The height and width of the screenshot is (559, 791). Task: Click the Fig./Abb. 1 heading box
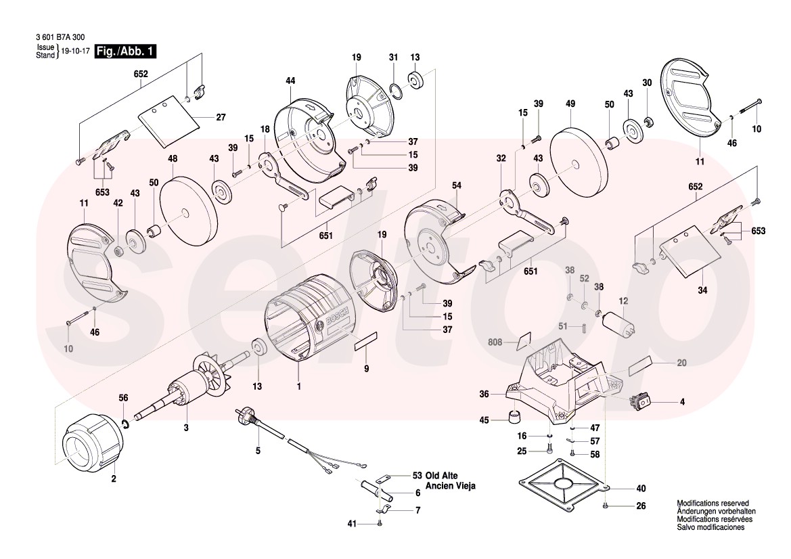(126, 51)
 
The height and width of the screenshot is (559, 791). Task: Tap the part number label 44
(290, 81)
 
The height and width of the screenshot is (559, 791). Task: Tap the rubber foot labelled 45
(516, 416)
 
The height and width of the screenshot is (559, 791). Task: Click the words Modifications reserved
(713, 504)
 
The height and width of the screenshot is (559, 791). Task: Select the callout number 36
(484, 393)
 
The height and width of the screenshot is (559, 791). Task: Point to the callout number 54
(457, 185)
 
